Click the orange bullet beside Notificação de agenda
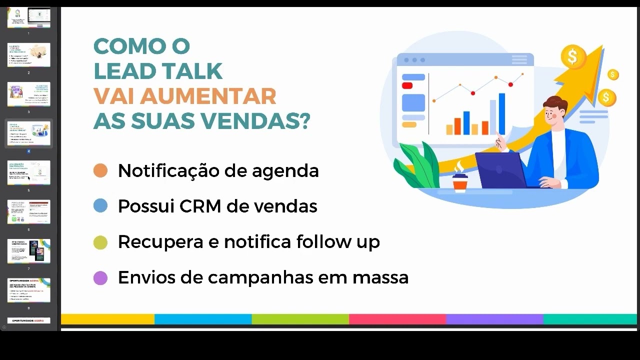click(x=100, y=170)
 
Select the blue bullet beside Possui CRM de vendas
click(x=100, y=206)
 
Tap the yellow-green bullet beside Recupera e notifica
click(x=100, y=242)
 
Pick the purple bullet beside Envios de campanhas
click(x=100, y=278)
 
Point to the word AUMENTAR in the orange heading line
click(x=208, y=96)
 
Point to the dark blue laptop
click(x=500, y=169)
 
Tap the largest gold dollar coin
click(x=573, y=56)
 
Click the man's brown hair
click(x=555, y=104)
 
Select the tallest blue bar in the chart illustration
click(x=501, y=114)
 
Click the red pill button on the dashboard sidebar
click(x=407, y=86)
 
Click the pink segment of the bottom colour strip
click(x=397, y=319)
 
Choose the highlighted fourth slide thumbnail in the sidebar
click(x=29, y=132)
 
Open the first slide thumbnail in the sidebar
click(x=29, y=17)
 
